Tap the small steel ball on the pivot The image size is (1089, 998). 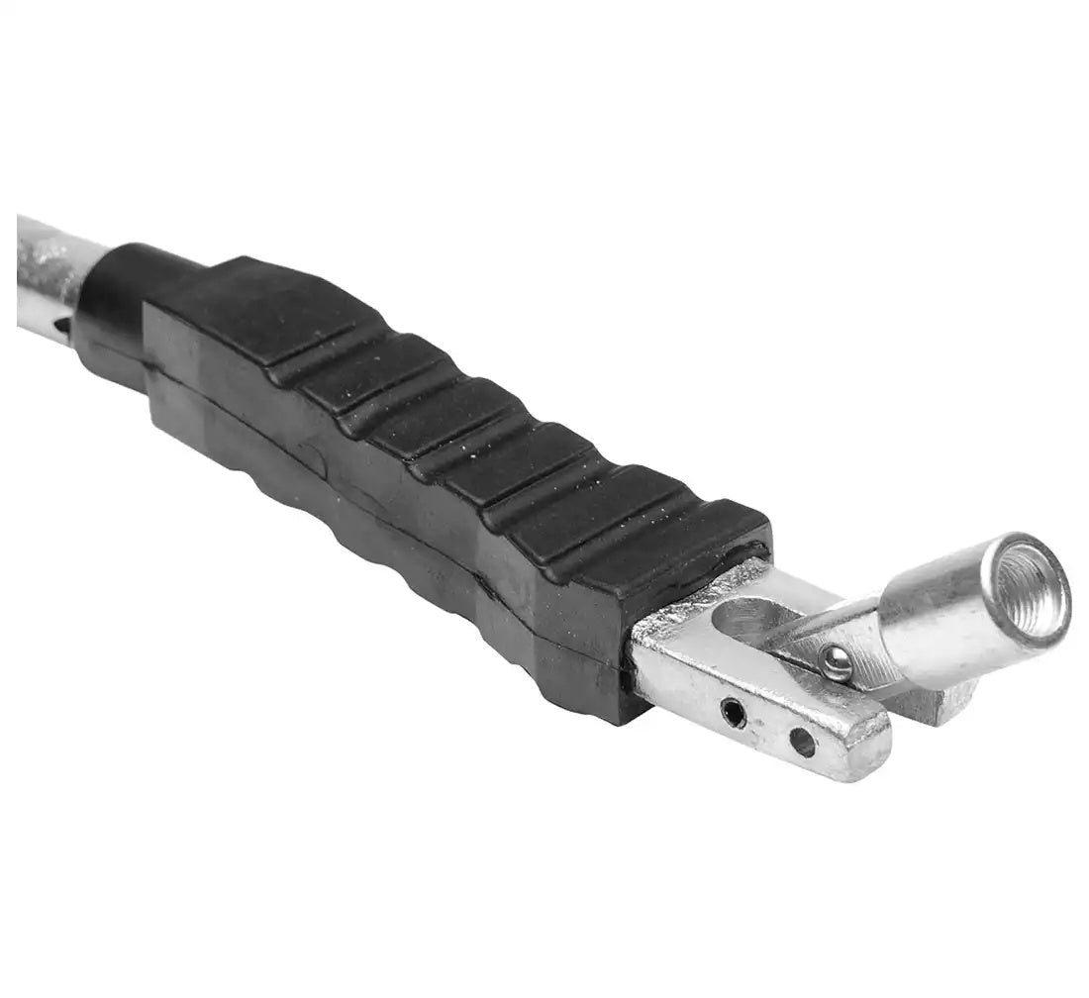837,662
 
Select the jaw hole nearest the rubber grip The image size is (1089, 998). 733,711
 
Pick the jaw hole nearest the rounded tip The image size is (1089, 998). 803,742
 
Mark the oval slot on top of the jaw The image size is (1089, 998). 747,622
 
